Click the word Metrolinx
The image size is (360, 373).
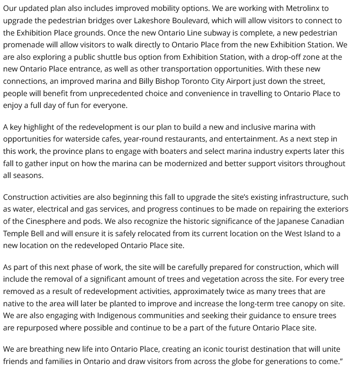click(306, 9)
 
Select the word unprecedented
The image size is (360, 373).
click(122, 93)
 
